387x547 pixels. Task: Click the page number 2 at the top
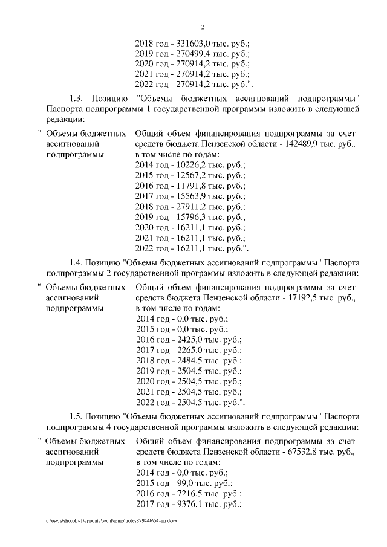(x=203, y=27)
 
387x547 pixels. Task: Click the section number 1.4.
(x=76, y=263)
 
